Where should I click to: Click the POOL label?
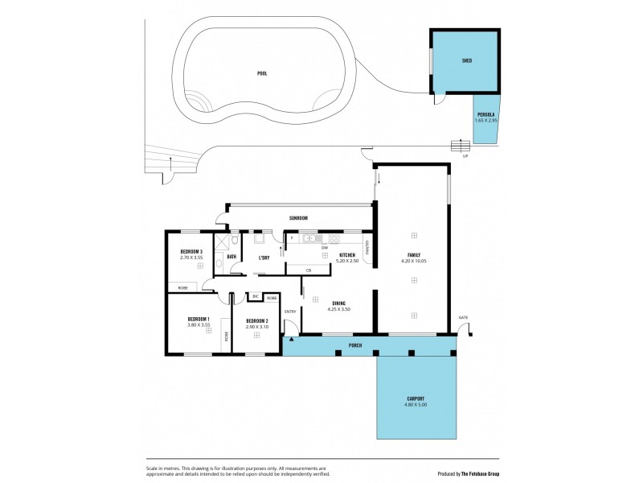pos(262,73)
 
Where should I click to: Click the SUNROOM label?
pos(299,218)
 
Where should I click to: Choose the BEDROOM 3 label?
pos(190,252)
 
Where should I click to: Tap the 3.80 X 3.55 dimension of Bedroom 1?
pos(198,325)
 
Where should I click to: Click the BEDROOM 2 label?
pos(256,320)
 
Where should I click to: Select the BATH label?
pos(231,258)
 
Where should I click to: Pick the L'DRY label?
pos(264,258)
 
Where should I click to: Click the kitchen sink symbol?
pos(310,238)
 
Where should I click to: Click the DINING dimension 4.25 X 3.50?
pos(338,309)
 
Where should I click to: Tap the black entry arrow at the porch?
pos(289,340)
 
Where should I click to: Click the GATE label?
pos(463,318)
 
